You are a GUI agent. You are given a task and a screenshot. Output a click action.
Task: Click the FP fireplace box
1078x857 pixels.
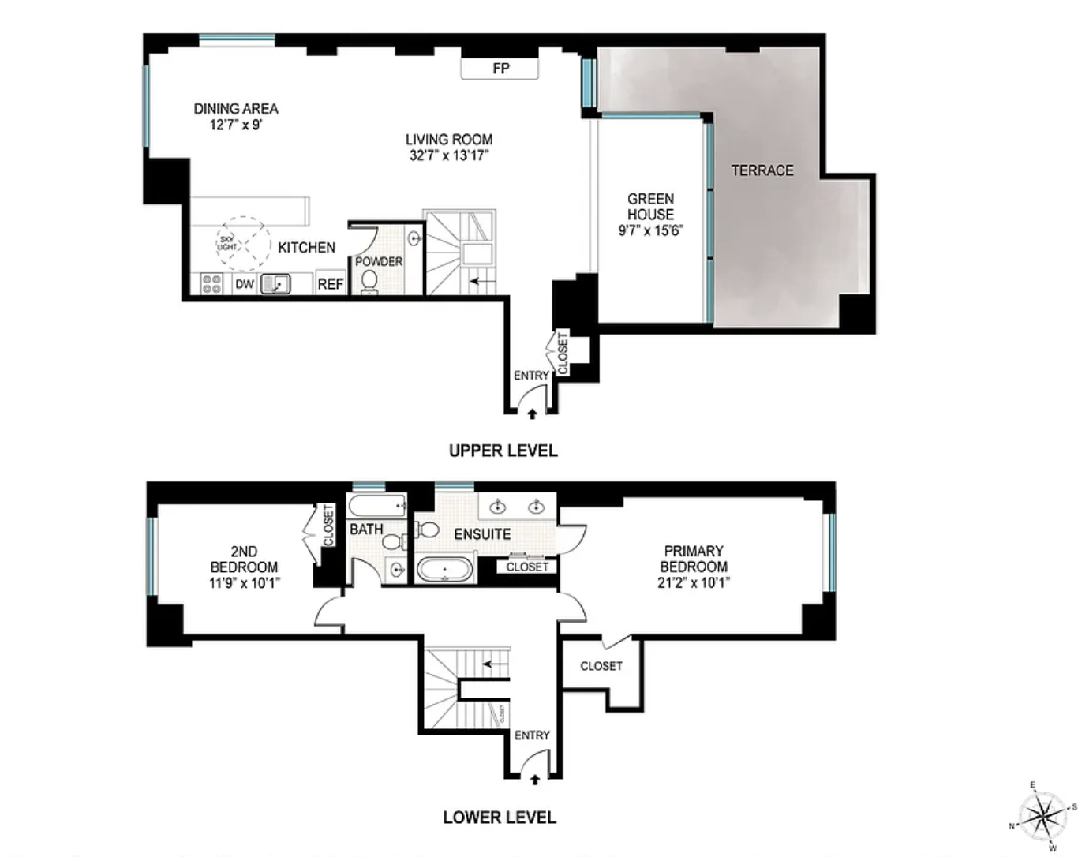[500, 69]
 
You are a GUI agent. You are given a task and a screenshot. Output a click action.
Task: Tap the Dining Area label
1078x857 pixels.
[236, 109]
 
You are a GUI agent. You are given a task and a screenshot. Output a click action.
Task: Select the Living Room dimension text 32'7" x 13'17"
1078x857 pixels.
[449, 155]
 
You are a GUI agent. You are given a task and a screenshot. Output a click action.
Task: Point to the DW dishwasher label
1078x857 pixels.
[245, 284]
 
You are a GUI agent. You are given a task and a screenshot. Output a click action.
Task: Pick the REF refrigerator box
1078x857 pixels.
[331, 284]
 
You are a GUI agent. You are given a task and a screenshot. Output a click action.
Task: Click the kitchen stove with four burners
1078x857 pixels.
[211, 284]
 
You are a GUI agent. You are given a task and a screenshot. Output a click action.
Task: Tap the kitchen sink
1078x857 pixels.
[275, 284]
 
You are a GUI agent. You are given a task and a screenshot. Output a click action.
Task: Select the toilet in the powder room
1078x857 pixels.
[369, 282]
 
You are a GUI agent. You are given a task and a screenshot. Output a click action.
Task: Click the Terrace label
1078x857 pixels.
[762, 170]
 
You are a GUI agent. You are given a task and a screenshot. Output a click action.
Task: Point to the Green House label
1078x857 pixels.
[650, 207]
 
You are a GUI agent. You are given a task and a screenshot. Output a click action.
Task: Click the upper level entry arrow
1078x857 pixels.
[532, 414]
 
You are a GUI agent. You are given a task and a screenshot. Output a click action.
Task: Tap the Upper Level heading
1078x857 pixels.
[503, 451]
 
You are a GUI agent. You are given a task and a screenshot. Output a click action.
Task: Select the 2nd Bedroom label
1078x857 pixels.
[244, 559]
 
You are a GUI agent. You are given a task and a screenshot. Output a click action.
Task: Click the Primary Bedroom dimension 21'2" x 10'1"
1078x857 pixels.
[694, 583]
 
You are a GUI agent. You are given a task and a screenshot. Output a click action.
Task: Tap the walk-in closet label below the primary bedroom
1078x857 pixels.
[601, 666]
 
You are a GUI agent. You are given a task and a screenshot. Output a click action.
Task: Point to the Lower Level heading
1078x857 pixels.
[499, 817]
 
